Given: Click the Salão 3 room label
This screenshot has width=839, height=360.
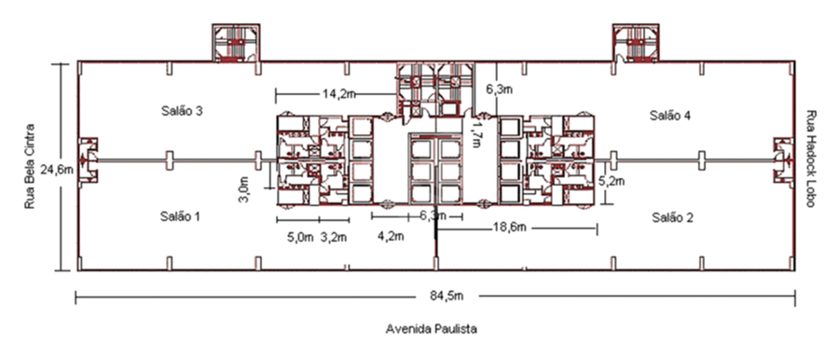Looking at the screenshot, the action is pos(182,111).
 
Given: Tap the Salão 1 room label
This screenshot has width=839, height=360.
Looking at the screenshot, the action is pos(180,216).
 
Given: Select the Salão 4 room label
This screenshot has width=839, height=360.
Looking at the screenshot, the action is pos(670,115).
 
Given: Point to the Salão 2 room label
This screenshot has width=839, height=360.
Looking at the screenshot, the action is pos(673,217).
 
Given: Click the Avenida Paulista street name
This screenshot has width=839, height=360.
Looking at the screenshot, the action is pos(432,329).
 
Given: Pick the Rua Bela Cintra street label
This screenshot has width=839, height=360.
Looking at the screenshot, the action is pos(30,167).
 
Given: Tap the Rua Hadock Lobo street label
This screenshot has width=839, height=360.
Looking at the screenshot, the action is pos(811,159).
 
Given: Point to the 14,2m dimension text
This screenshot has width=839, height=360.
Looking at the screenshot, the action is pos(339,94).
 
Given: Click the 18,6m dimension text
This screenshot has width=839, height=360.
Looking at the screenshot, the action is pos(509,228).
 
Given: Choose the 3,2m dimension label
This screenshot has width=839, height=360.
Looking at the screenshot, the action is pos(334,237).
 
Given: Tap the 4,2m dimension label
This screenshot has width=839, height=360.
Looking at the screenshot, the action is pos(391,236).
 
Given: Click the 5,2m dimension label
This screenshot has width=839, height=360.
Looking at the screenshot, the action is pos(612,181).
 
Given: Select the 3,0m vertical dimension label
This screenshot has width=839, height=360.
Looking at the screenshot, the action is pos(244,190).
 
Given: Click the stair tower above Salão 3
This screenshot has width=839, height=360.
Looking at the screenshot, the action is pos(236,42).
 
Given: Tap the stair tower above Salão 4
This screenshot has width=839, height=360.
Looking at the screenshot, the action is pos(637,42).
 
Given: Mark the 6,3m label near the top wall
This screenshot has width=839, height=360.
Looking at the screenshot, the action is pos(500,90).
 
